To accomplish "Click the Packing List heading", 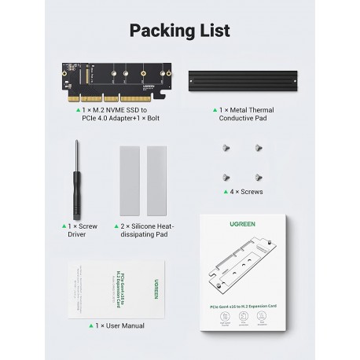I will (180, 31).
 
